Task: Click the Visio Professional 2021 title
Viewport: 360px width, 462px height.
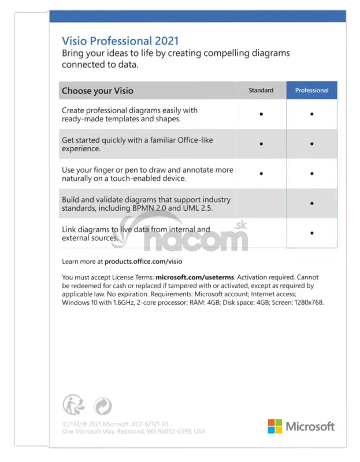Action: (120, 41)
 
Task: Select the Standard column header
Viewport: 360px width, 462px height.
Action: (261, 91)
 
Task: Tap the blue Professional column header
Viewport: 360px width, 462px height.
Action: (311, 91)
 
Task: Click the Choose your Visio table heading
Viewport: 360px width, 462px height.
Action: (98, 91)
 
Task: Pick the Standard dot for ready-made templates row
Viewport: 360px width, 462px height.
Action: (261, 114)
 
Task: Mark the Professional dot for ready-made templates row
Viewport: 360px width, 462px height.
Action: (311, 114)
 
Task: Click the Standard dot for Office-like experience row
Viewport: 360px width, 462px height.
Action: (261, 144)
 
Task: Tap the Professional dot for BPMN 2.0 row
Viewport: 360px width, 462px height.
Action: (311, 203)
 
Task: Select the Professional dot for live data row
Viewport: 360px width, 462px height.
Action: (311, 233)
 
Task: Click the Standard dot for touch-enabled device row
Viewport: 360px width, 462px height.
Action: (261, 173)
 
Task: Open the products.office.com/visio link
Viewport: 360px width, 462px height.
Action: (142, 261)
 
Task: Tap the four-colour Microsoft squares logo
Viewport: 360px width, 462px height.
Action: (274, 426)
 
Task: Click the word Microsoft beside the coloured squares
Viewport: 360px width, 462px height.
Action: (310, 426)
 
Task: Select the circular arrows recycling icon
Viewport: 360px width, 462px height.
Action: (102, 405)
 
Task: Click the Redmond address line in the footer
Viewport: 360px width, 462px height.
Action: (133, 431)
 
